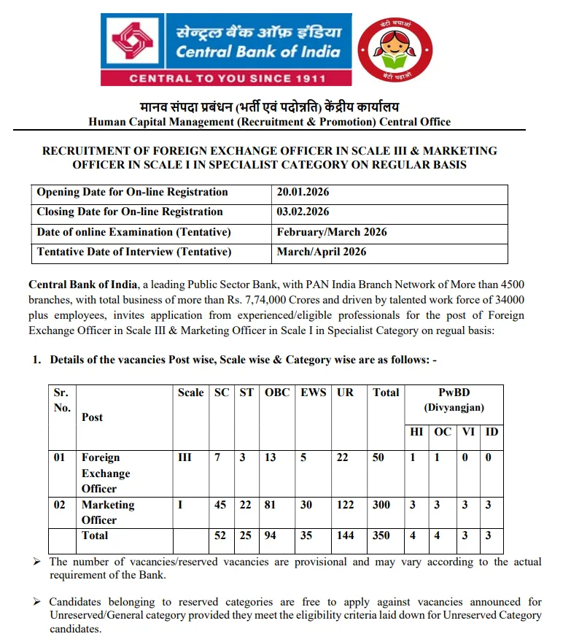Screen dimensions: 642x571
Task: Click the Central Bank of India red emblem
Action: (x=134, y=42)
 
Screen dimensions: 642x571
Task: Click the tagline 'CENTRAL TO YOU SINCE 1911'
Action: (x=226, y=77)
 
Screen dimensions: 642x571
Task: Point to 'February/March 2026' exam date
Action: (x=332, y=232)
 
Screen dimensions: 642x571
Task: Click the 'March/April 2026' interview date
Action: (x=322, y=252)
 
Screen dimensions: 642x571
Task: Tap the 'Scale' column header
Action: (x=191, y=392)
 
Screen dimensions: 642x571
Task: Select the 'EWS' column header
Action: (x=314, y=392)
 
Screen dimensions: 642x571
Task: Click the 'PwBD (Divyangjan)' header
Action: (x=454, y=400)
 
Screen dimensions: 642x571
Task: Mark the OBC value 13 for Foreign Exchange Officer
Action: (x=271, y=457)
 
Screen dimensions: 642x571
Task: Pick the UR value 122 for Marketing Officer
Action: (x=346, y=505)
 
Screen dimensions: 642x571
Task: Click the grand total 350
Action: (x=382, y=535)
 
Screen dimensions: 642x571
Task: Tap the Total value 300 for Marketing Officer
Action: (x=382, y=505)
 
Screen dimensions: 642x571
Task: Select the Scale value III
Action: (x=185, y=457)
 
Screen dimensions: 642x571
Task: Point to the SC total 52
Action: (x=221, y=535)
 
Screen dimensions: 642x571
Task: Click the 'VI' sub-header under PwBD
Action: (x=468, y=432)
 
